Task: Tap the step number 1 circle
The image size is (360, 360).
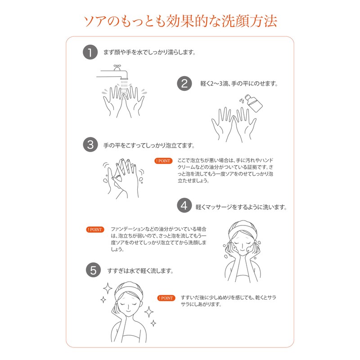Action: point(90,52)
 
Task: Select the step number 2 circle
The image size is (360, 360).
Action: point(184,84)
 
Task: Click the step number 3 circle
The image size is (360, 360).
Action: point(90,145)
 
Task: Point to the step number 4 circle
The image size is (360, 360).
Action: point(184,206)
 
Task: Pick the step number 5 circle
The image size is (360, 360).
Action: point(93,270)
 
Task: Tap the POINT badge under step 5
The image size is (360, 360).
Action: point(166,298)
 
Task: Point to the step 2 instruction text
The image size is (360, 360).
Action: point(238,84)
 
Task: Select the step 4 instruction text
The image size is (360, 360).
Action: point(241,207)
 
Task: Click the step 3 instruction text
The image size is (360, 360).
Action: point(149,145)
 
